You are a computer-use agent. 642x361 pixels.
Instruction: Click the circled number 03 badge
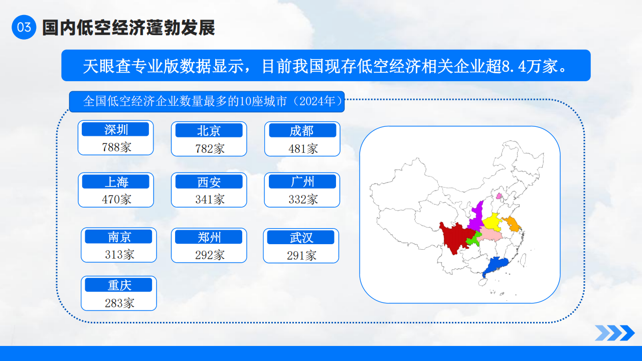[x=24, y=27]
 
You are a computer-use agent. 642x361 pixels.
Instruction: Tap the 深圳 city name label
[x=115, y=129]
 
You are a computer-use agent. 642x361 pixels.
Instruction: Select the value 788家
[x=116, y=147]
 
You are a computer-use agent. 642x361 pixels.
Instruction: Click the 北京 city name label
[x=209, y=131]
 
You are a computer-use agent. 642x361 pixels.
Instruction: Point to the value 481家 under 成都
[x=303, y=149]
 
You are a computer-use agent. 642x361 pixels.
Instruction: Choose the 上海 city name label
[x=116, y=182]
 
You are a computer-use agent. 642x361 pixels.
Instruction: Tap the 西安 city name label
[x=209, y=182]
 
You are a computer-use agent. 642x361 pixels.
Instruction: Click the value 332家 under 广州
[x=303, y=200]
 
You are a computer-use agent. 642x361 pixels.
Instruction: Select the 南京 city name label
[x=119, y=237]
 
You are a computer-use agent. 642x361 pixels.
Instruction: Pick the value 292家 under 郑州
[x=210, y=255]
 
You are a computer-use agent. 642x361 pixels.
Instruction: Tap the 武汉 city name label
[x=300, y=237]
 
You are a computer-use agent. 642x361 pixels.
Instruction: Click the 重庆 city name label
[x=119, y=285]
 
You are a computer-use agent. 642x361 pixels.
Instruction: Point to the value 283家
[x=119, y=303]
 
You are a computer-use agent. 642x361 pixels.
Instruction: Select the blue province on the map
[x=495, y=265]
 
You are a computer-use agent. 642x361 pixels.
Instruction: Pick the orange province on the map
[x=513, y=224]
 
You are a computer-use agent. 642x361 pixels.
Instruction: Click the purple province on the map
[x=476, y=218]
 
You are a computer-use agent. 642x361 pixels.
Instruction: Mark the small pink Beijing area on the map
[x=499, y=196]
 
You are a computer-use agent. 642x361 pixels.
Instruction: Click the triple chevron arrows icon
[x=615, y=333]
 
